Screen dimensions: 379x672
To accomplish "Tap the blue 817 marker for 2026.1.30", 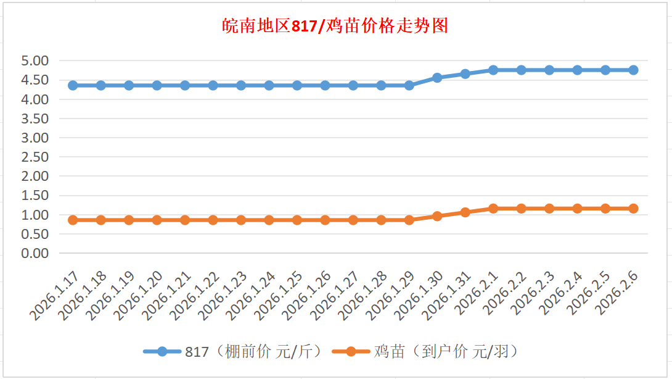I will [437, 78].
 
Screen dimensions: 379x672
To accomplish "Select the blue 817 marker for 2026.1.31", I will [465, 74].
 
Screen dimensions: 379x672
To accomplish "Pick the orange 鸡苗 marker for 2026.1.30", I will [437, 216].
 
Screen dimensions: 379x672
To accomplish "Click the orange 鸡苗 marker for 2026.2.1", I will [493, 209].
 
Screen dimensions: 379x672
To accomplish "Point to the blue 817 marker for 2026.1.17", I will [73, 85].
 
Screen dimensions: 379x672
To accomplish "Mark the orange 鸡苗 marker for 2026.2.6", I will [633, 209].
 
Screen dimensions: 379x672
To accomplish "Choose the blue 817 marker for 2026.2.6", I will [633, 70].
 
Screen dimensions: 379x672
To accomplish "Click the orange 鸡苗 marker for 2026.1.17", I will [73, 220].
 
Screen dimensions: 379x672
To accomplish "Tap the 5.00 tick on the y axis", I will [35, 61].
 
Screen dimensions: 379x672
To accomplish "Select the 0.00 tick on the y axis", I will [35, 253].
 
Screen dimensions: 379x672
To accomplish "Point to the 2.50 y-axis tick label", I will [35, 157].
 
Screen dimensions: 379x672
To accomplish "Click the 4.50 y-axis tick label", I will [35, 80].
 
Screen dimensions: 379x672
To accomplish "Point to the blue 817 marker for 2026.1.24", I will [269, 85].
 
